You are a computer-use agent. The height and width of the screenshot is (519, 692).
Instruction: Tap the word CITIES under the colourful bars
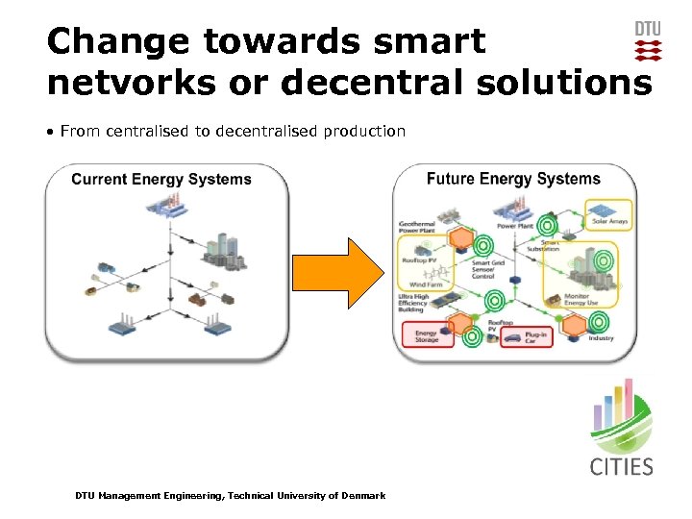(x=621, y=467)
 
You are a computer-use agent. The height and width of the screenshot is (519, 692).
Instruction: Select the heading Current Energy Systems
(x=161, y=179)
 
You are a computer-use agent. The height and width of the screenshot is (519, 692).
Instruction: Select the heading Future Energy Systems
(x=513, y=179)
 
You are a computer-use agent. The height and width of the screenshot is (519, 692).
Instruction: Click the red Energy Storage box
(x=427, y=334)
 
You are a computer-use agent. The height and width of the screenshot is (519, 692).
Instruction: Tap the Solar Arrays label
(x=609, y=222)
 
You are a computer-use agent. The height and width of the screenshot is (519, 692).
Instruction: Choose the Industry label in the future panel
(x=601, y=338)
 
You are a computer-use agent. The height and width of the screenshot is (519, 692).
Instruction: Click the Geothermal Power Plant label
(x=417, y=228)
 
